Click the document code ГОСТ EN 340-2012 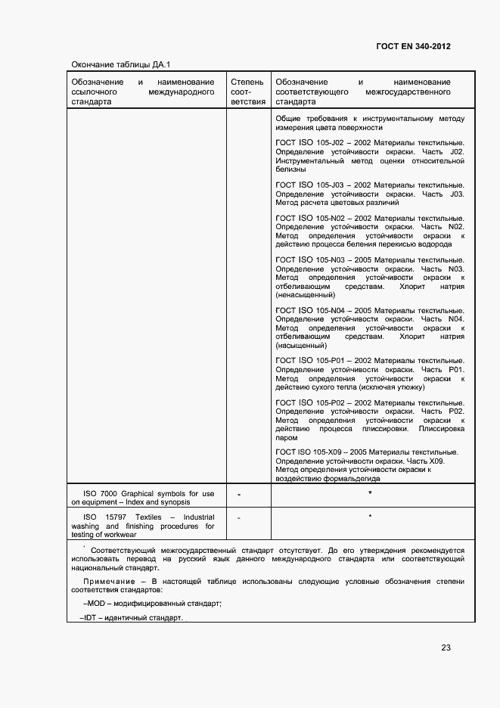413,46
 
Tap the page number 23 446,647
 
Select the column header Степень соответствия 248,91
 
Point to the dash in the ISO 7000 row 238,495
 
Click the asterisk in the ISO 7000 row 370,493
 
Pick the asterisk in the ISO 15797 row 370,516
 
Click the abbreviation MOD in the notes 97,604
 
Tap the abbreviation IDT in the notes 91,618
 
